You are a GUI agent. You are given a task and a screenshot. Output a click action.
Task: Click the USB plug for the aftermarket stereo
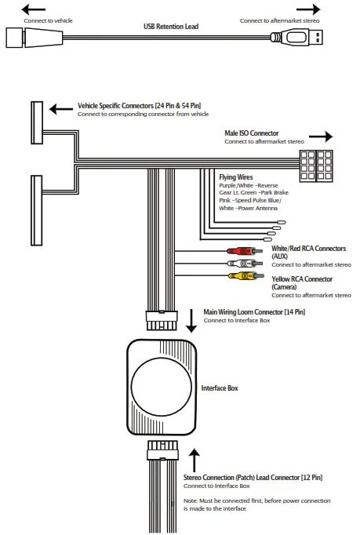(297, 37)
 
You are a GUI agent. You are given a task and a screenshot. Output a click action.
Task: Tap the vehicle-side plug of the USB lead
(35, 38)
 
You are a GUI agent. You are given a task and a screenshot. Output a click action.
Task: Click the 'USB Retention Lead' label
(171, 26)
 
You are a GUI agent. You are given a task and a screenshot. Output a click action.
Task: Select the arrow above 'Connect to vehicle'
(34, 9)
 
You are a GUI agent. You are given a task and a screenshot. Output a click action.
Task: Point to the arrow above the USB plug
(308, 9)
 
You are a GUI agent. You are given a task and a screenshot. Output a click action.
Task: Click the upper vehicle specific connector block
(37, 122)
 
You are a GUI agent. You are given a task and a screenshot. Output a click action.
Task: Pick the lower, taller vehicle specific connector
(37, 210)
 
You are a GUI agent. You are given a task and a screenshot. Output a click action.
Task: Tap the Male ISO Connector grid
(316, 166)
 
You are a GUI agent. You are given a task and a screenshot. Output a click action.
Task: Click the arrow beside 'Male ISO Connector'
(321, 136)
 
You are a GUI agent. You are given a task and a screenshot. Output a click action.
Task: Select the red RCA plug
(245, 252)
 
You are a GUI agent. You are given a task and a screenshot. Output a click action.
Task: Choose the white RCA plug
(245, 264)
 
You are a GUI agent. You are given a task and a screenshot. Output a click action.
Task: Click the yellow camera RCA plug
(245, 275)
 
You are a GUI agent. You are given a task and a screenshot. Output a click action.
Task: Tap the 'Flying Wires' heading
(236, 177)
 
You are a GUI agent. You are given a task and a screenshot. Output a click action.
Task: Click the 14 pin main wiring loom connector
(162, 320)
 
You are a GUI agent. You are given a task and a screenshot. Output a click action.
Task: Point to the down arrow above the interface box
(191, 321)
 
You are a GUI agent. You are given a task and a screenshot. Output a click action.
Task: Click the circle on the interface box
(161, 388)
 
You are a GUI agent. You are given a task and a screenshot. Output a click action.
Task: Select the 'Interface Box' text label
(220, 388)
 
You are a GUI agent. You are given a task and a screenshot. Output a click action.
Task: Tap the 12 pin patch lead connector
(163, 450)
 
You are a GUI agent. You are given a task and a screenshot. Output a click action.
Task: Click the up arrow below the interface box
(195, 460)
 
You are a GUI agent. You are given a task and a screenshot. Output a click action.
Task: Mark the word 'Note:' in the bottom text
(191, 500)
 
